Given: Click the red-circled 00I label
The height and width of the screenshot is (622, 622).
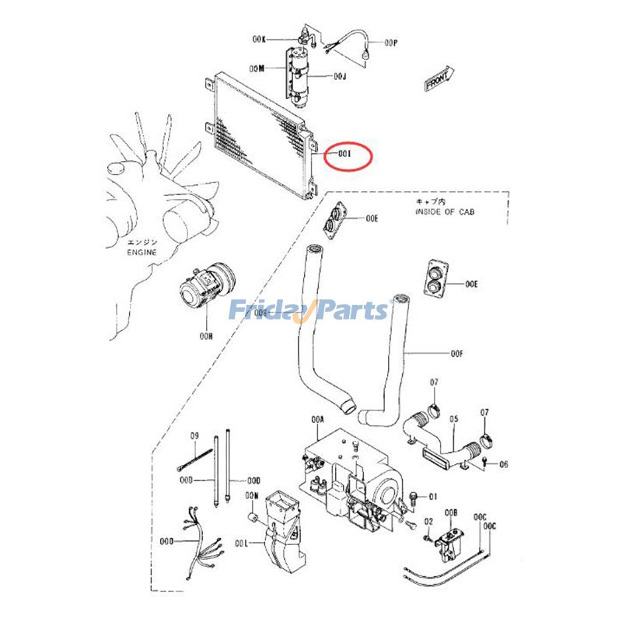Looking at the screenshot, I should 344,154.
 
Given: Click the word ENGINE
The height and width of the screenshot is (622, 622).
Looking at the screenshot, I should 142,253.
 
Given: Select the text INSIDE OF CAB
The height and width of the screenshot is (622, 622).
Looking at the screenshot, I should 444,211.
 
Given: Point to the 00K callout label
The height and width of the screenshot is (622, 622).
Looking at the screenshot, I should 259,39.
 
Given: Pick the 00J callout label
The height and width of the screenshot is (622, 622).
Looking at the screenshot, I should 340,76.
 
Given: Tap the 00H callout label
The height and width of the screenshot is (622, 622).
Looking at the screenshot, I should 205,336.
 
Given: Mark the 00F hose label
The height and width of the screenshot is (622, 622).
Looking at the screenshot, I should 457,354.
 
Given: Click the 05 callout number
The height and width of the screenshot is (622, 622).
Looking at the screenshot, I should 454,419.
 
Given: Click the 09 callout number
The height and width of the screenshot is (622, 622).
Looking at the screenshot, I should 195,435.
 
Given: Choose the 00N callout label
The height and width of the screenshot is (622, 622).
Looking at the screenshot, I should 251,495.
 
